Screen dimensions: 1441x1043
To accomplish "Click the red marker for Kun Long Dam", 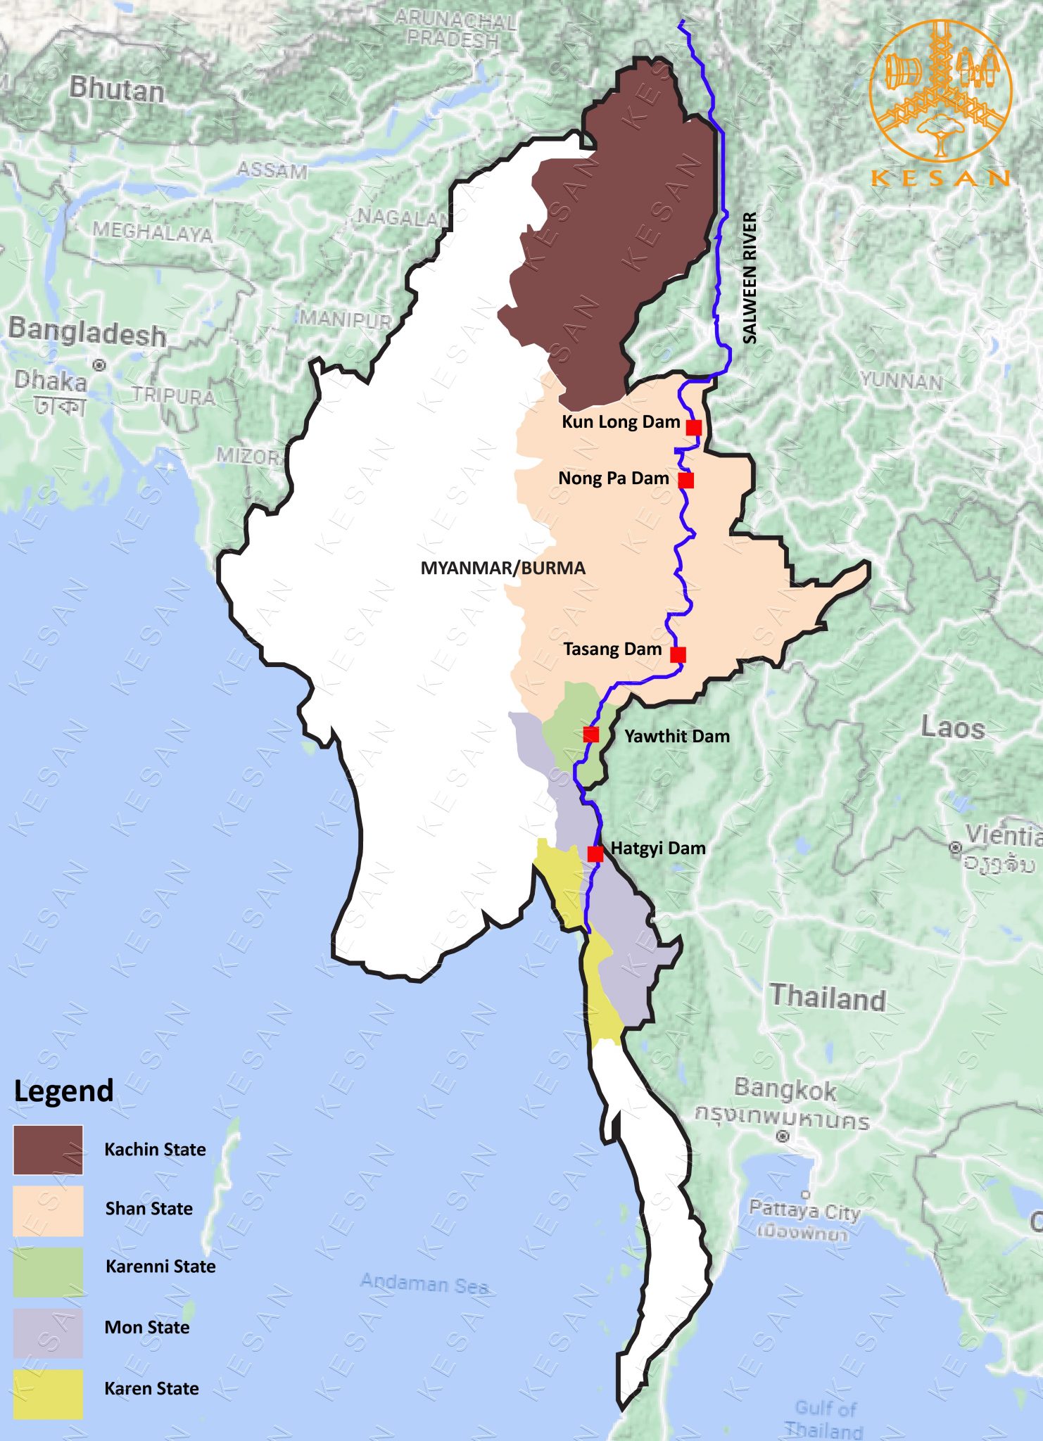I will coord(694,427).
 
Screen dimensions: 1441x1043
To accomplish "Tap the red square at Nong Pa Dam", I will coord(686,480).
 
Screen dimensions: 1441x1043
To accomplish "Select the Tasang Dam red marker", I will coord(678,654).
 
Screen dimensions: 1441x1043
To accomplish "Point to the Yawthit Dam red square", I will coord(591,735).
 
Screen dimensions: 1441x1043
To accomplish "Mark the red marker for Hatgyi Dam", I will coord(595,853).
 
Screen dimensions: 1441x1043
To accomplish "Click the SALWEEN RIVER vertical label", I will coord(750,278).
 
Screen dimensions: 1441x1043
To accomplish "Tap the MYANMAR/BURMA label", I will coord(502,568).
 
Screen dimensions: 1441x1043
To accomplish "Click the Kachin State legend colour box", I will coord(48,1150).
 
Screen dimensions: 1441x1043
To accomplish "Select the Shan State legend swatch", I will coord(48,1210).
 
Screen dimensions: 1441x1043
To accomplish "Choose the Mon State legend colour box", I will coord(48,1332).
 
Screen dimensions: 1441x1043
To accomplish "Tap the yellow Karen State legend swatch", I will coord(48,1393).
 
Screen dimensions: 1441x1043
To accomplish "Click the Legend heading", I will coord(63,1091).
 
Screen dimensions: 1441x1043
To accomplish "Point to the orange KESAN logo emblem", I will coord(940,91).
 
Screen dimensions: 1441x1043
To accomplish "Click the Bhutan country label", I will coord(117,90).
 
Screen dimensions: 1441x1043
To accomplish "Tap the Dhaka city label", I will coord(51,381).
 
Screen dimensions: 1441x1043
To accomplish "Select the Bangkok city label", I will coord(785,1089).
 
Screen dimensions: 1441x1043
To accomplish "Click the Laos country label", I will coord(952,728).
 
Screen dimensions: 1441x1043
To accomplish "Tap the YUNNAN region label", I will coord(901,381).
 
